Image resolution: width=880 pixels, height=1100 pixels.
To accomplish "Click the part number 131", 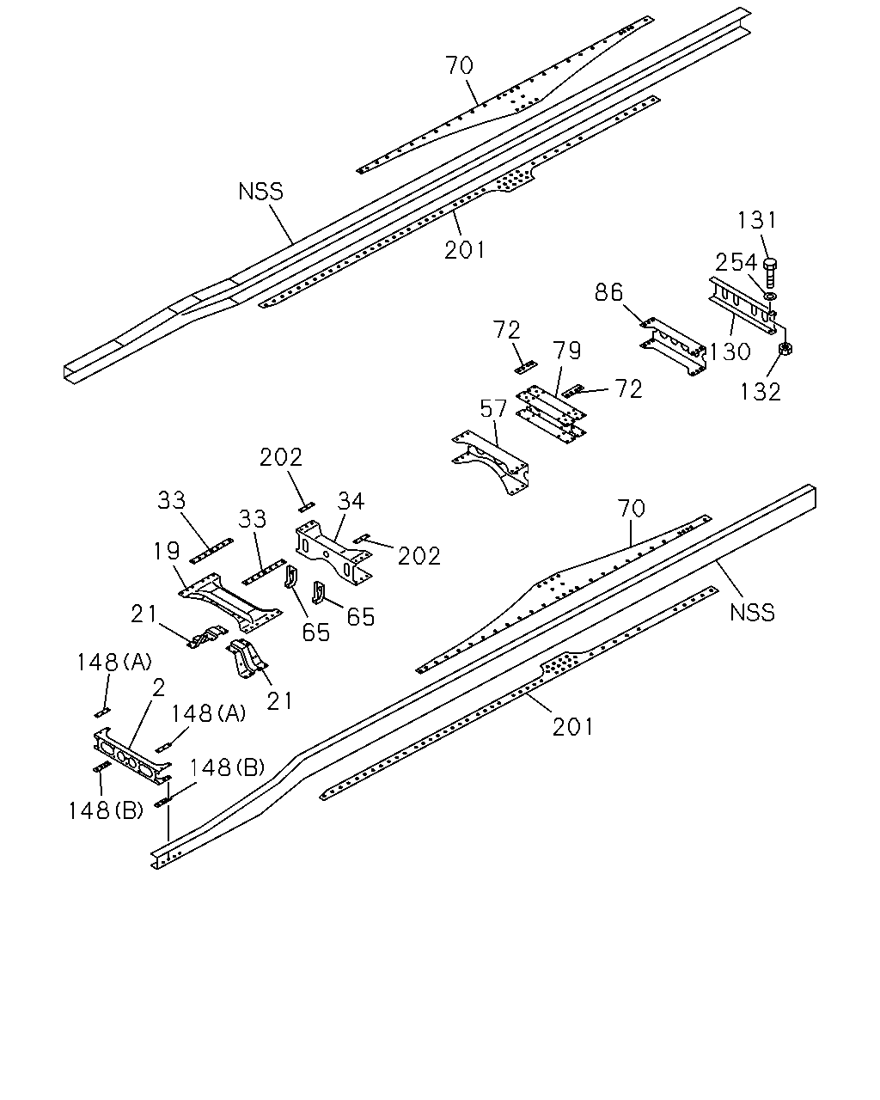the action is click(756, 220).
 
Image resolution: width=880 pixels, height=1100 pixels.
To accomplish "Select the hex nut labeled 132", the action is click(785, 349).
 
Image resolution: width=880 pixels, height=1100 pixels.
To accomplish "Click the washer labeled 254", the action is click(770, 295).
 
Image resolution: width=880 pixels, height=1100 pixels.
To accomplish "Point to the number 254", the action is click(736, 263).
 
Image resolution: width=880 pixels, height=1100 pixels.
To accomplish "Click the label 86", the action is click(608, 293).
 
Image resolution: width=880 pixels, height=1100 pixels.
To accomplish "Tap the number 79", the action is click(566, 351).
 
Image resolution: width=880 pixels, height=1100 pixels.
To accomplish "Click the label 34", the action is click(351, 501).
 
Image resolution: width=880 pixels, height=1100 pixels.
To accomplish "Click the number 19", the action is click(167, 551).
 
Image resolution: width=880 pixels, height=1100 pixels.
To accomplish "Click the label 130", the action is click(730, 351).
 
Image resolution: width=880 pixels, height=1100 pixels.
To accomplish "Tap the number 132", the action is click(761, 392).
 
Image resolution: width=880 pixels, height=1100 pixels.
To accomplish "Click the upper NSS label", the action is click(260, 192).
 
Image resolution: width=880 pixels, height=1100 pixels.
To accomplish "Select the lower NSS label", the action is click(752, 613).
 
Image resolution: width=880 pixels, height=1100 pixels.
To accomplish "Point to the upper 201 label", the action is click(464, 250).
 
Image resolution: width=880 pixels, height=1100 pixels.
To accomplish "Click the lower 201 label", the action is click(572, 727).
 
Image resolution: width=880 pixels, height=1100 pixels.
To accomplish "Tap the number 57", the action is click(493, 409).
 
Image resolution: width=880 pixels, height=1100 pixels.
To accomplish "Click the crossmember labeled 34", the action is click(333, 551).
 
